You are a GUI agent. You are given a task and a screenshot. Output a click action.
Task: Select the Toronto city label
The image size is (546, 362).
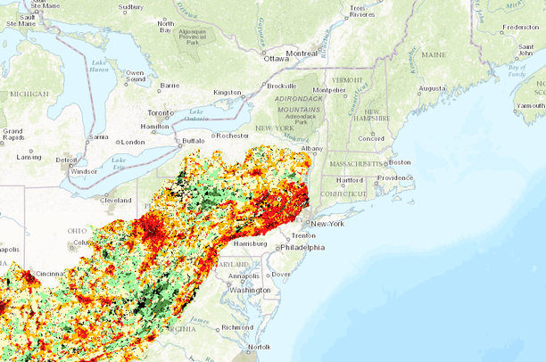(161, 113)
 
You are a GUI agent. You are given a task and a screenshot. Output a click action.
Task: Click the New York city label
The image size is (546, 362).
(327, 223)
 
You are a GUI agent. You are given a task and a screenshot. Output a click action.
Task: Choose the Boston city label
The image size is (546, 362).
(400, 162)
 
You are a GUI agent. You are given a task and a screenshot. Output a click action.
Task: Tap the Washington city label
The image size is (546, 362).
(251, 290)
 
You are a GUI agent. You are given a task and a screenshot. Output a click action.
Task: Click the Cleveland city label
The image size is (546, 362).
(116, 201)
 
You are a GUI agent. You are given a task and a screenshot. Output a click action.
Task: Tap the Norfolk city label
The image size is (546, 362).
(259, 347)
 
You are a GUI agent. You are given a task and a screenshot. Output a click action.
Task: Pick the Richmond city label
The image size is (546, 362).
(237, 327)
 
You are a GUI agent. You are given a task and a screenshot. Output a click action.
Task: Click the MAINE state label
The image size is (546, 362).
(433, 54)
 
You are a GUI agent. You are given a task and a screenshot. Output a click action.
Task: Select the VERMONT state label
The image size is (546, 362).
(347, 80)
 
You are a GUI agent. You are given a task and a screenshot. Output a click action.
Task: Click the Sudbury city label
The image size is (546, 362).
(130, 7)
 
